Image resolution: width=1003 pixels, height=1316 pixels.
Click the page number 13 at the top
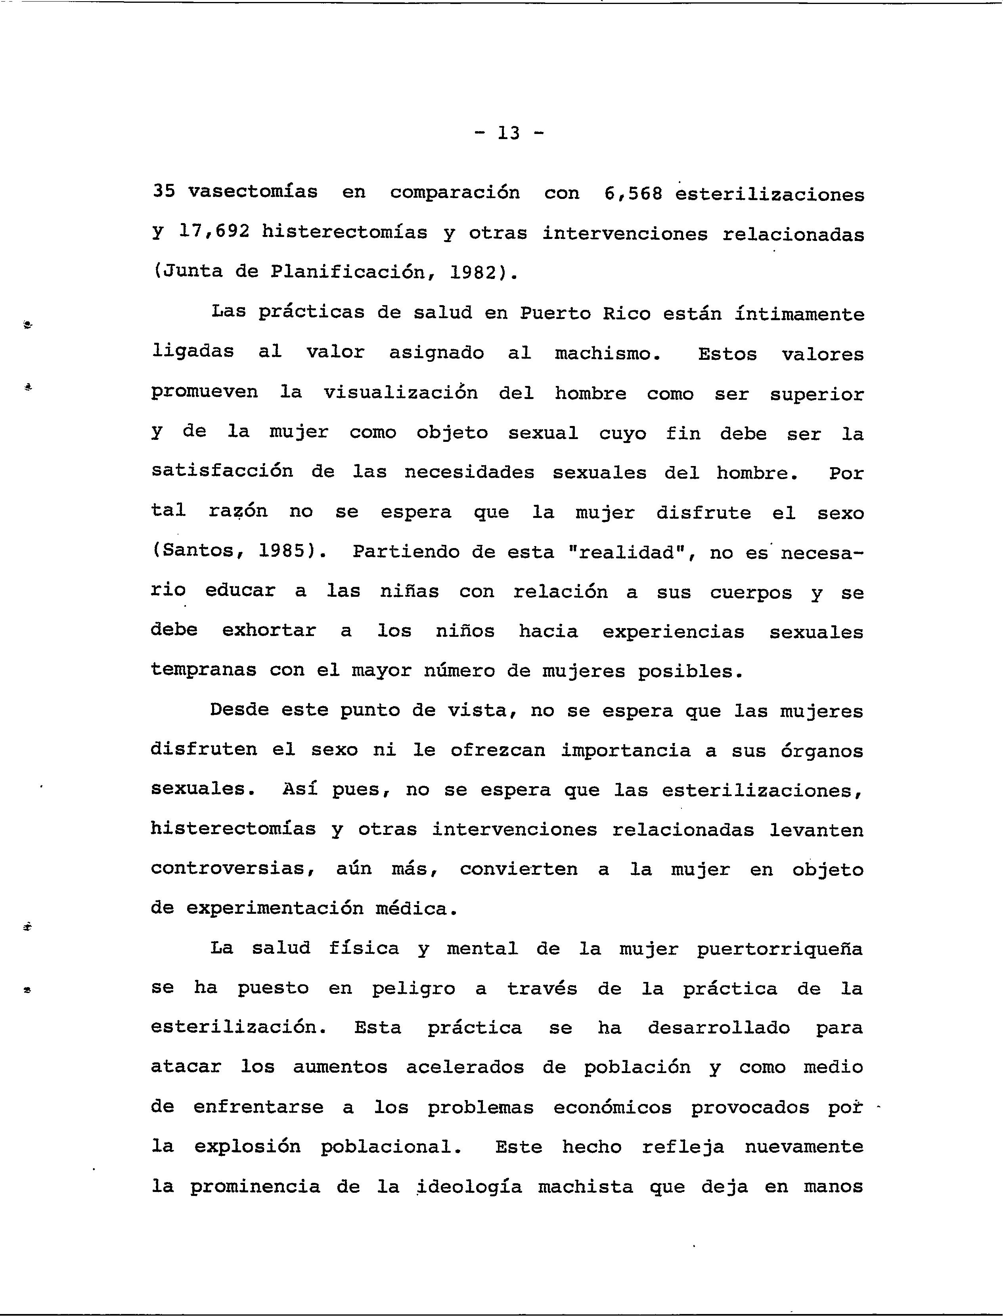(x=509, y=133)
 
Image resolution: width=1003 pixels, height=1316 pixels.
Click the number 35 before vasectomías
(x=164, y=191)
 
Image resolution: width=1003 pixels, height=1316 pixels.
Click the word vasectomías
(x=253, y=191)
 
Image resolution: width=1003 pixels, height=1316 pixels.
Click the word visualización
(x=400, y=393)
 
